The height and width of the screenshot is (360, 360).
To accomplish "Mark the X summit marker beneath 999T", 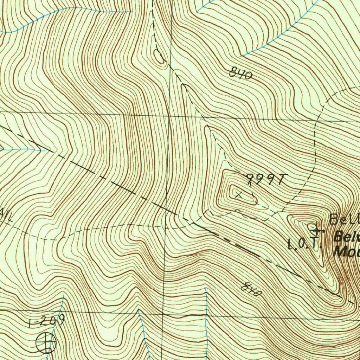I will point(239,194).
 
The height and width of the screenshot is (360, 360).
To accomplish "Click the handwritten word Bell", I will point(345,219).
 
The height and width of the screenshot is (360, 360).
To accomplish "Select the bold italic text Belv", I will point(346,237).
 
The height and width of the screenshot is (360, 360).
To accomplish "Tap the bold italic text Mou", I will point(346,252).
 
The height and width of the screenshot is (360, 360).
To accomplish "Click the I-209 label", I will point(47,321).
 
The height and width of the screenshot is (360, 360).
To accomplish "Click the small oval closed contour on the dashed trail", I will point(159,57).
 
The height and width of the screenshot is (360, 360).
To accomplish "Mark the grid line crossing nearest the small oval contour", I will point(169,115).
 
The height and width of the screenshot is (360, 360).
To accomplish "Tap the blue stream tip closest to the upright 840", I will point(241,56).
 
